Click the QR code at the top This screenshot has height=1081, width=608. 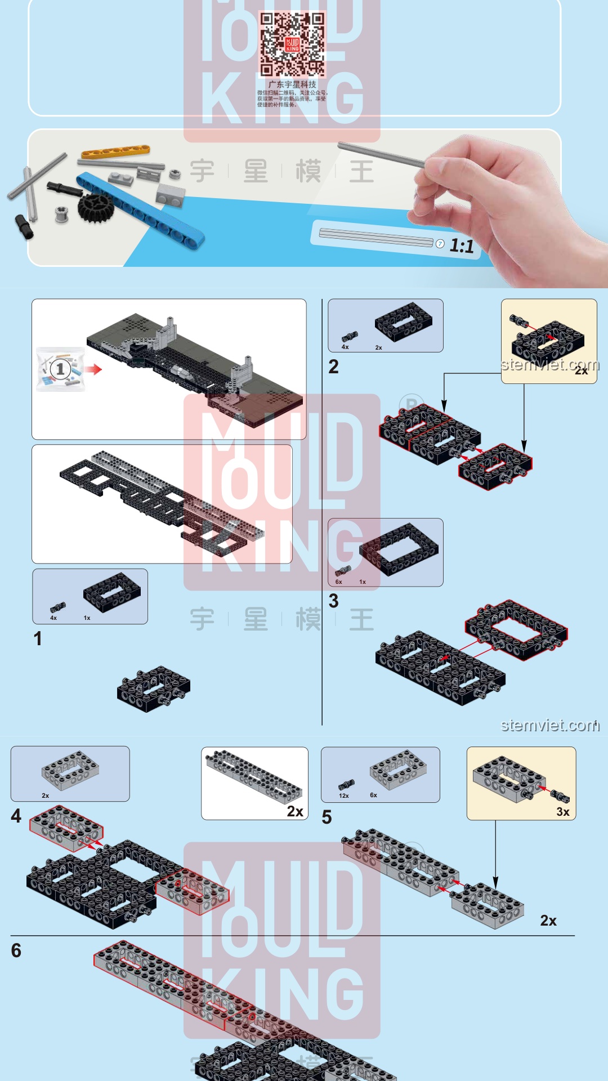(x=292, y=44)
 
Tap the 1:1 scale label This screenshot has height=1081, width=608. (x=461, y=246)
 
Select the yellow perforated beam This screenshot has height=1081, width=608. (x=115, y=151)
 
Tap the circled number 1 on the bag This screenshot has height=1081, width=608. (x=60, y=369)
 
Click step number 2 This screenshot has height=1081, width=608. (x=333, y=367)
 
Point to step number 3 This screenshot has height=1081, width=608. (x=333, y=601)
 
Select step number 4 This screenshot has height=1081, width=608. (x=16, y=816)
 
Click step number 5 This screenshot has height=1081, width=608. (x=327, y=817)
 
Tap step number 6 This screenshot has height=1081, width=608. (x=16, y=950)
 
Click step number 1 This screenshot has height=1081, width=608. (x=37, y=638)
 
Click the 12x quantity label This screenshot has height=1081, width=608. (x=344, y=796)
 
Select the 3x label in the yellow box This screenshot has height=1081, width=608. (x=563, y=811)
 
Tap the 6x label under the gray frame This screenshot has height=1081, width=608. (x=373, y=795)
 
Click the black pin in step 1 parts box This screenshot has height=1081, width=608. (x=57, y=607)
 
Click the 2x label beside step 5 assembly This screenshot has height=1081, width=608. (x=548, y=921)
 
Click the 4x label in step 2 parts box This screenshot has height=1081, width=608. (x=345, y=347)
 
